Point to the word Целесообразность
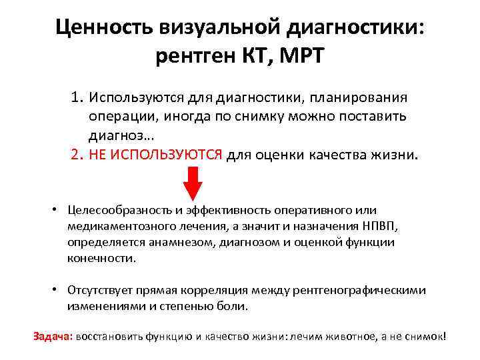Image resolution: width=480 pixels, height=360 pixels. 115,211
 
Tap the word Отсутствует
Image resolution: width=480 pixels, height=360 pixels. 100,290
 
